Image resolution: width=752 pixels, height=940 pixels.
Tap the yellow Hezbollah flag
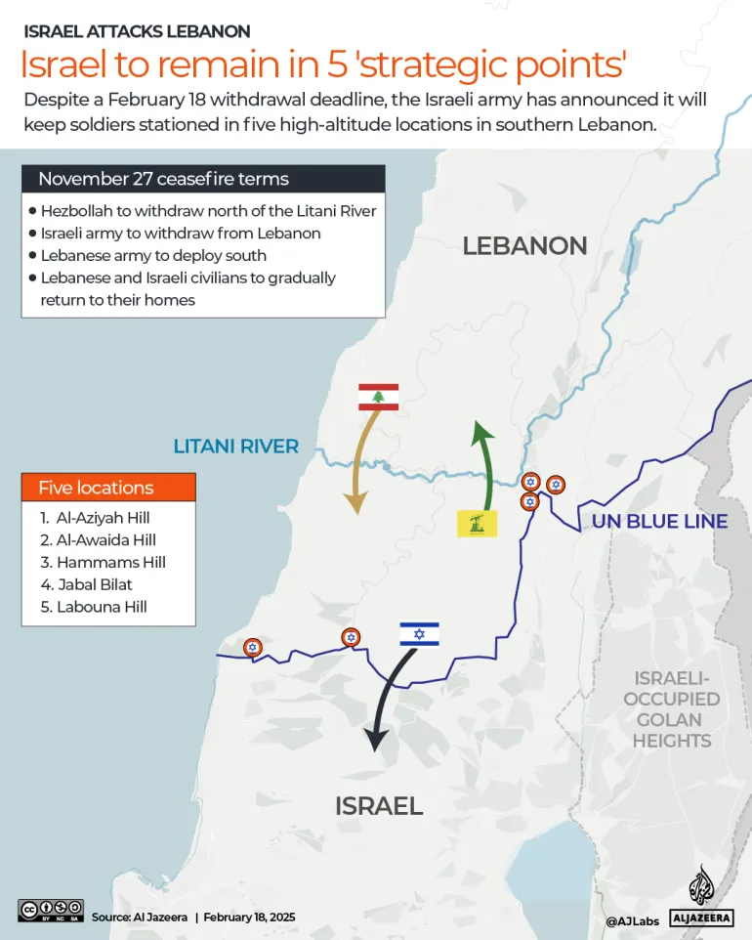point(478,523)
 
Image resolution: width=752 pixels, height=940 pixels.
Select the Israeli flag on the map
point(419,634)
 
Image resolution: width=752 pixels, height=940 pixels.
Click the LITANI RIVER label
point(235,447)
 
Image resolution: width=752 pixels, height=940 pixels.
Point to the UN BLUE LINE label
point(659,521)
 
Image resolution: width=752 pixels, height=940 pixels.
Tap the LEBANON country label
point(524,245)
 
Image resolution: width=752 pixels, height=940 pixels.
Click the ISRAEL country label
point(378,805)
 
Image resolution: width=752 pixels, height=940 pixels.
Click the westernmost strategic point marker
point(252,647)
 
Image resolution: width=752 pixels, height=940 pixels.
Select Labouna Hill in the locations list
point(94,607)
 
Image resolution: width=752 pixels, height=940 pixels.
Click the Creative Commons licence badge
point(50,910)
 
